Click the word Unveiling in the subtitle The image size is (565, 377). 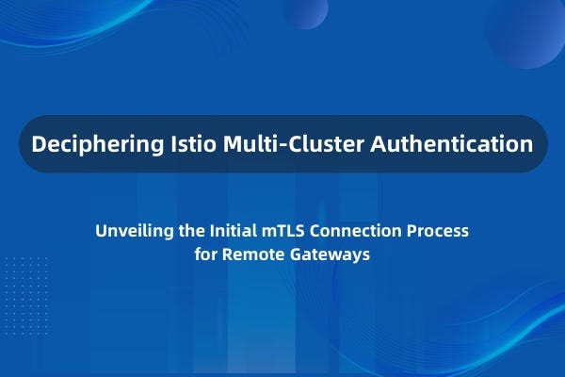click(x=135, y=231)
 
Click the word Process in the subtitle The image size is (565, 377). click(x=438, y=231)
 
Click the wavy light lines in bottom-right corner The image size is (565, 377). click(x=499, y=330)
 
